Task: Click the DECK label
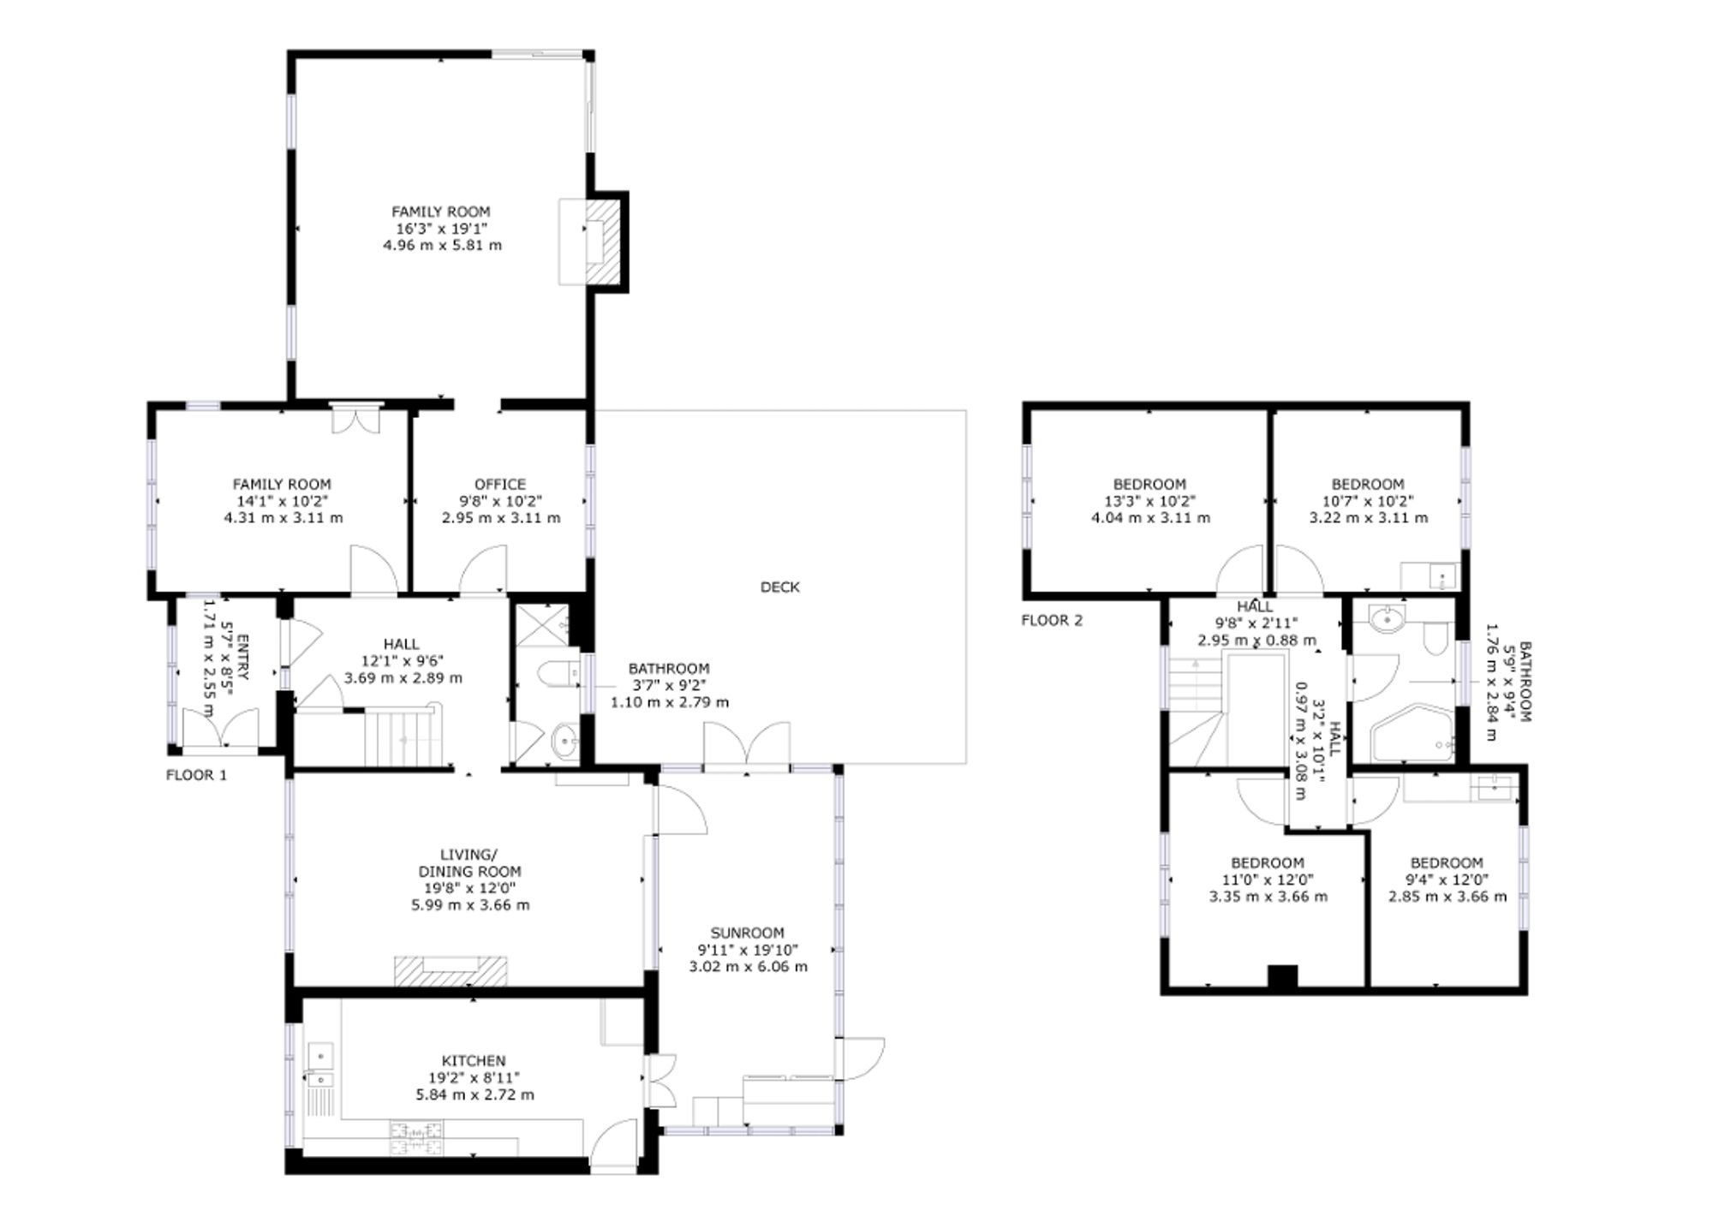[x=779, y=587]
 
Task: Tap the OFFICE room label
[x=500, y=484]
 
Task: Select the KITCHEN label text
[x=474, y=1060]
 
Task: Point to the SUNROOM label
[x=747, y=933]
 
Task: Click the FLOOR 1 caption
[x=196, y=775]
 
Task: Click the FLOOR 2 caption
[x=1052, y=620]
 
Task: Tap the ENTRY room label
[x=242, y=658]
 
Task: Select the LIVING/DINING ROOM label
[x=469, y=862]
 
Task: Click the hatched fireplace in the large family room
[x=606, y=241]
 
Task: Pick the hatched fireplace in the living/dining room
[x=451, y=970]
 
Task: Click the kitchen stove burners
[x=418, y=1138]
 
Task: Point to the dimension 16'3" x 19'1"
[x=441, y=229]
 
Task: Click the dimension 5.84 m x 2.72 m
[x=475, y=1094]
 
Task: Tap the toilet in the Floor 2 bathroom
[x=1434, y=636]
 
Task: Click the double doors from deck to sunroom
[x=747, y=743]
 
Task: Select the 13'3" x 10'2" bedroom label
[x=1149, y=501]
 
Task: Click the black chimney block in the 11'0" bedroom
[x=1282, y=976]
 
